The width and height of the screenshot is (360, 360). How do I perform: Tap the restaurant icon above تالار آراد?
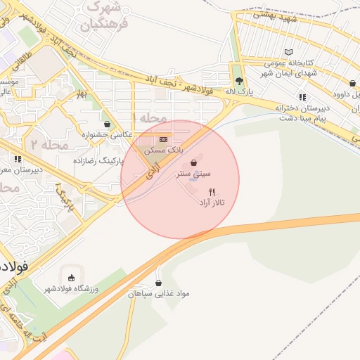pyautogui.click(x=212, y=191)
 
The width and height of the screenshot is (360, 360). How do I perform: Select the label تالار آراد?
pyautogui.click(x=212, y=202)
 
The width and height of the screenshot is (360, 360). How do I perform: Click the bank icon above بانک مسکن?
pyautogui.click(x=164, y=140)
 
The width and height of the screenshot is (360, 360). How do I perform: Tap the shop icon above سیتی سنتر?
pyautogui.click(x=194, y=162)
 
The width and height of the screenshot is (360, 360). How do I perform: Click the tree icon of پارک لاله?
pyautogui.click(x=239, y=81)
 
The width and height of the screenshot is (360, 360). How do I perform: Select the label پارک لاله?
pyautogui.click(x=239, y=92)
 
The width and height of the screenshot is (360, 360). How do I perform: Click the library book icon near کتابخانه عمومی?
pyautogui.click(x=288, y=52)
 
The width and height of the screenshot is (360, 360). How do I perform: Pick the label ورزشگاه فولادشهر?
pyautogui.click(x=73, y=289)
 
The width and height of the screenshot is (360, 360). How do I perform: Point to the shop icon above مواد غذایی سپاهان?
pyautogui.click(x=158, y=281)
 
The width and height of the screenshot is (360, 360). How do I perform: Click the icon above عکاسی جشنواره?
pyautogui.click(x=106, y=124)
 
